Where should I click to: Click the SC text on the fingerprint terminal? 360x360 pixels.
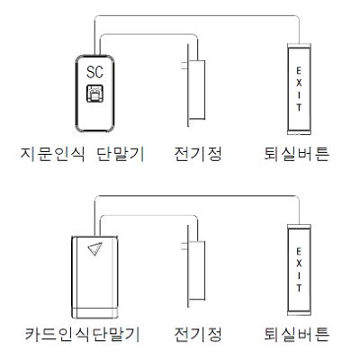tap(94, 72)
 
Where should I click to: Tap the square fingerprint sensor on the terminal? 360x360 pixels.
tap(94, 94)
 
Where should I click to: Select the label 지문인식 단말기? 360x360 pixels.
tap(83, 154)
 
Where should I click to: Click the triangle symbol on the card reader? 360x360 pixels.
tap(95, 248)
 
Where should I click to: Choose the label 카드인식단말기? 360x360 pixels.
tap(82, 334)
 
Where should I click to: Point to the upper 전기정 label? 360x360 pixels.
tap(198, 154)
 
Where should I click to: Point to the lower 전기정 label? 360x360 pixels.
tap(198, 334)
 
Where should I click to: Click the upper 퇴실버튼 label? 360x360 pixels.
tap(297, 154)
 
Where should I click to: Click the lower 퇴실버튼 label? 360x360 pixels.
tap(297, 334)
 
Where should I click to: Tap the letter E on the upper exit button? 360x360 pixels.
tap(299, 71)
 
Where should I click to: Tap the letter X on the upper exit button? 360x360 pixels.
tap(299, 83)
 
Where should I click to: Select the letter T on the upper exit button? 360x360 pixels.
tap(299, 107)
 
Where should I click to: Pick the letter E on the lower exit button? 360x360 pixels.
tap(299, 251)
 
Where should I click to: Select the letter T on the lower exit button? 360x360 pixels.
tap(299, 288)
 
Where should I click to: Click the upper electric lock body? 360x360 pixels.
tap(197, 90)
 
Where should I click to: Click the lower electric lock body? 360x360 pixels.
tap(197, 270)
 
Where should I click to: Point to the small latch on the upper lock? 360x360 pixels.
tap(185, 66)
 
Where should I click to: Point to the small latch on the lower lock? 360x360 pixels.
tap(185, 247)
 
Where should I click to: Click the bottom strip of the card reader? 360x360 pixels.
tap(94, 312)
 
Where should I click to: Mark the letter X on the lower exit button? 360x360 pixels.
tap(299, 264)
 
